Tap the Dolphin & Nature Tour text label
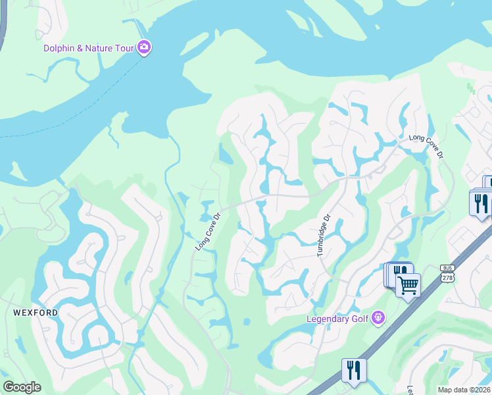(x=88, y=48)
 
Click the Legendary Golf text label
(x=339, y=319)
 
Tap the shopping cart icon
(x=408, y=286)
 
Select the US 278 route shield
(x=447, y=278)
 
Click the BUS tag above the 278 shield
(x=447, y=269)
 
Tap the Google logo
(x=22, y=387)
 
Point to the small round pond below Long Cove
(x=247, y=322)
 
